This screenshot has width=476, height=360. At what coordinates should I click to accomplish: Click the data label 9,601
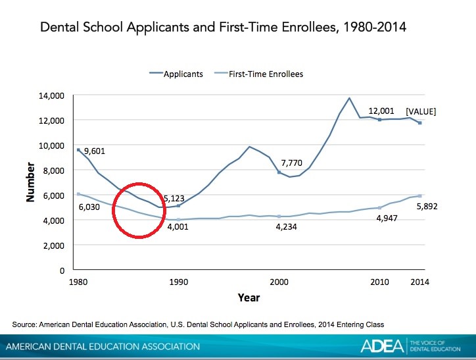pyautogui.click(x=95, y=151)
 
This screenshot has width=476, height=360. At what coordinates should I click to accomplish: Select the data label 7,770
pyautogui.click(x=291, y=163)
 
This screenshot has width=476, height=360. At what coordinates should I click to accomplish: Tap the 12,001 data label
pyautogui.click(x=381, y=111)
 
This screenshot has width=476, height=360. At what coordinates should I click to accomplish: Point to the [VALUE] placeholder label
pyautogui.click(x=421, y=111)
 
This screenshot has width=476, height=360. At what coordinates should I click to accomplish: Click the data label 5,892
pyautogui.click(x=427, y=207)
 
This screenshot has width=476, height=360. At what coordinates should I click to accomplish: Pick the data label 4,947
pyautogui.click(x=387, y=218)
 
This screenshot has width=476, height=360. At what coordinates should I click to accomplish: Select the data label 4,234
pyautogui.click(x=286, y=226)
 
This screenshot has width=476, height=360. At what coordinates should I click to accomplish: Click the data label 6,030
pyautogui.click(x=89, y=207)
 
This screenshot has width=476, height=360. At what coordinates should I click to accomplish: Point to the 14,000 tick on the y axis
pyautogui.click(x=51, y=96)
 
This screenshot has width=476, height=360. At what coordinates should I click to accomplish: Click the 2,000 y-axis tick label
pyautogui.click(x=54, y=245)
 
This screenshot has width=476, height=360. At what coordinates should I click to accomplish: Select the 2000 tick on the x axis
pyautogui.click(x=279, y=282)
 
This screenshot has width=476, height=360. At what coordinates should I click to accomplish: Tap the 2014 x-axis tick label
pyautogui.click(x=420, y=282)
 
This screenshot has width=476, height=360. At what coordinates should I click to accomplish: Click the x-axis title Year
pyautogui.click(x=249, y=297)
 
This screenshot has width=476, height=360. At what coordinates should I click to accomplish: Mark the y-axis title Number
pyautogui.click(x=30, y=182)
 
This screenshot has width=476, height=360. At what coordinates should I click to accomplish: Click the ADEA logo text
pyautogui.click(x=382, y=346)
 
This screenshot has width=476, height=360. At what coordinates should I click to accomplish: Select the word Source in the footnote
pyautogui.click(x=24, y=324)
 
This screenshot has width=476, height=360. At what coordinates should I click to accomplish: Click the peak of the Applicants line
pyautogui.click(x=349, y=98)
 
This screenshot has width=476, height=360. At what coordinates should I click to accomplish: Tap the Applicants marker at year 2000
pyautogui.click(x=279, y=172)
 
